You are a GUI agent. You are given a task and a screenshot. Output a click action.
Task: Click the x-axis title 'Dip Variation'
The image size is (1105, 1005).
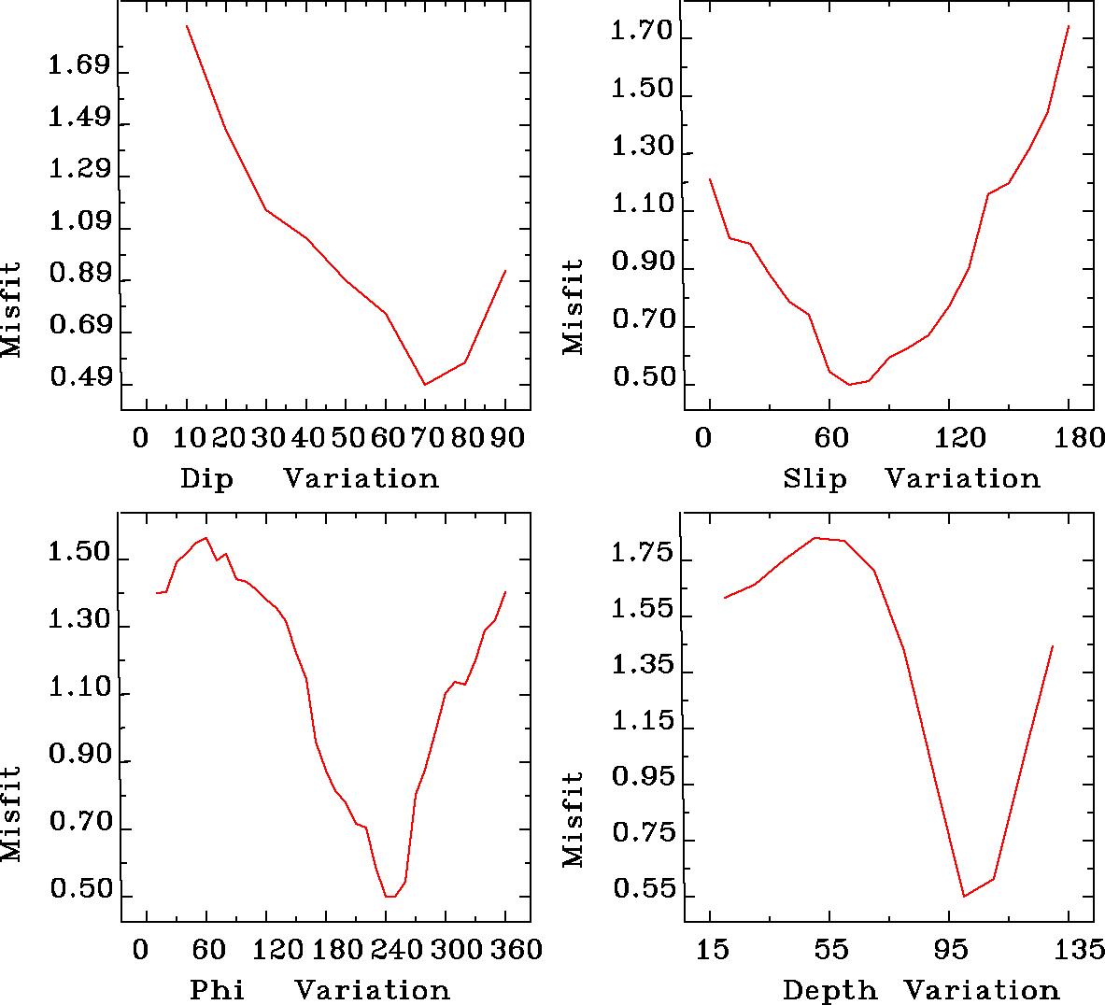coord(309,479)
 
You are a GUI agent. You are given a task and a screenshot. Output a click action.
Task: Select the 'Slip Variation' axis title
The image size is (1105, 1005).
coord(911,479)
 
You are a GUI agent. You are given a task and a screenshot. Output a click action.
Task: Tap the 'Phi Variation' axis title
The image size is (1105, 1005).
coord(319,990)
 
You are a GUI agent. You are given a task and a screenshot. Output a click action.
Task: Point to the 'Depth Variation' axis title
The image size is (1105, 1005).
coord(920,990)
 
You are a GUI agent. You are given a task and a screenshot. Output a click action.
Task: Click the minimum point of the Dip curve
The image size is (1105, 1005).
coord(425,385)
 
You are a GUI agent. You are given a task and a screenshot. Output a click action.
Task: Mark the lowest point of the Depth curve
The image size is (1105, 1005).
coord(964,897)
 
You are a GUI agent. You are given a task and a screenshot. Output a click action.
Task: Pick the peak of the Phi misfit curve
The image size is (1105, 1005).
coord(205,538)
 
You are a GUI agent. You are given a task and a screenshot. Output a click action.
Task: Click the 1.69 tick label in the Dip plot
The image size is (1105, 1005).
coord(78,68)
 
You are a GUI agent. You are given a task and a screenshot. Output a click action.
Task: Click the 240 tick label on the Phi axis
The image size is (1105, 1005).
coord(386,950)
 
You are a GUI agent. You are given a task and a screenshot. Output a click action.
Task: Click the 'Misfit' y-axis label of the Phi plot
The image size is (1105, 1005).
coord(11,814)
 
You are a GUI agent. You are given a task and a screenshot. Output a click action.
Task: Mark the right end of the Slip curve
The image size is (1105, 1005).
coord(1069,25)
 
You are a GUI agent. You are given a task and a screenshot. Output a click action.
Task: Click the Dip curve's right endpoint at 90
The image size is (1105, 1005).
coord(505,271)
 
